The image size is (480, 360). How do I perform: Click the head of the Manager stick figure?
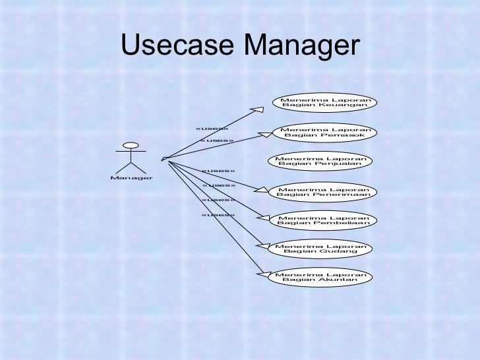[x=131, y=145]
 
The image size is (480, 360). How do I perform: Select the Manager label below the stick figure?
[x=132, y=177]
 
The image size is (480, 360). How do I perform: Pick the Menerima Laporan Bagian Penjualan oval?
[x=320, y=161]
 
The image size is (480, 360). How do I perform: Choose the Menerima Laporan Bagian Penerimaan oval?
[x=324, y=191]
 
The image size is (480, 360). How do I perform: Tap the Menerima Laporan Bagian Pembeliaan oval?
[x=324, y=219]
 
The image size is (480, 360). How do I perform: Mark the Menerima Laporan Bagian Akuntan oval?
[x=320, y=276]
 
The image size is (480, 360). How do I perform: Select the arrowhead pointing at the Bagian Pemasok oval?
[x=266, y=135]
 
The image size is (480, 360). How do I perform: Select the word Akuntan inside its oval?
[x=336, y=280]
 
